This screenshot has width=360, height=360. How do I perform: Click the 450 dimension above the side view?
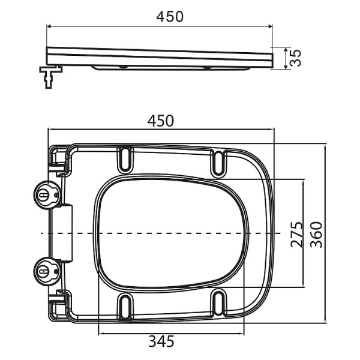tap(161, 17)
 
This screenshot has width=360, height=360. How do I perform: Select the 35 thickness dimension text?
tap(295, 59)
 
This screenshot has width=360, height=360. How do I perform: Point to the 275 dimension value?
tap(296, 231)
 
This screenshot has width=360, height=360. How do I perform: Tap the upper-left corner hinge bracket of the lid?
tap(59, 157)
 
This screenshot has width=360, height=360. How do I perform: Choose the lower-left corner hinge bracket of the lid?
tap(59, 304)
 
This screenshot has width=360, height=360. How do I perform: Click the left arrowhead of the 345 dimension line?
tap(99, 333)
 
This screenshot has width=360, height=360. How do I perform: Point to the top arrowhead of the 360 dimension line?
tap(325, 145)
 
